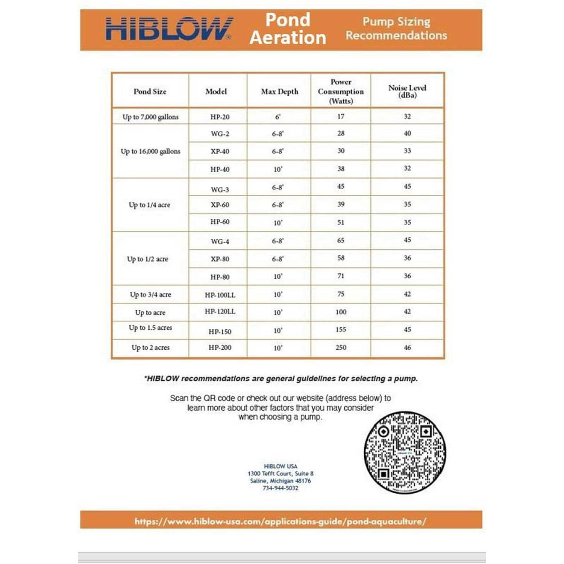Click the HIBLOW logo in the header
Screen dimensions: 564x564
tap(169, 29)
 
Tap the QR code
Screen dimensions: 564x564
tap(405, 452)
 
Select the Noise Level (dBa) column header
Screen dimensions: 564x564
tap(407, 91)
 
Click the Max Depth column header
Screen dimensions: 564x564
tap(279, 91)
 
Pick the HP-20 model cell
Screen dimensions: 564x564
tap(220, 117)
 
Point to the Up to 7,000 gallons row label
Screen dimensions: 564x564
tap(150, 117)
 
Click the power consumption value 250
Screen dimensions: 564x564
tap(341, 347)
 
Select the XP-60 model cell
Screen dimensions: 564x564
tap(220, 205)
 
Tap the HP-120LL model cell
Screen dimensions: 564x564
tap(220, 312)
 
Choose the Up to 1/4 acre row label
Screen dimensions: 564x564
tap(149, 205)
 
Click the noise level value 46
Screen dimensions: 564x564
tap(407, 347)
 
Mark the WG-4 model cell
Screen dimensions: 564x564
tap(220, 241)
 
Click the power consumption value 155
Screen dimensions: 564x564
tap(341, 329)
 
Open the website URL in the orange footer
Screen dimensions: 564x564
tap(280, 522)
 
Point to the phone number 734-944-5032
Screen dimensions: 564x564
tap(280, 488)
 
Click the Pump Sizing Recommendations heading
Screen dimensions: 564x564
tap(396, 29)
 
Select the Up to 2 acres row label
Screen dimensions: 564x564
tap(150, 347)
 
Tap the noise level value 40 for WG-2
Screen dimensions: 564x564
tap(407, 133)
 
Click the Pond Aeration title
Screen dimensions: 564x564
tap(288, 29)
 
